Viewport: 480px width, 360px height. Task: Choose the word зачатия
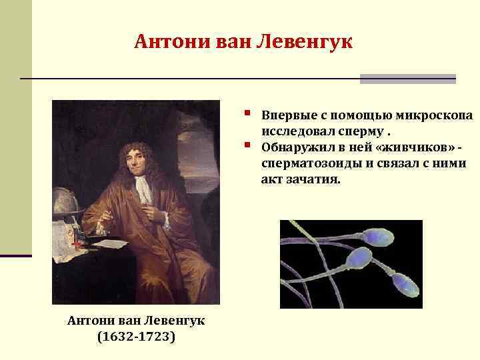tap(314, 179)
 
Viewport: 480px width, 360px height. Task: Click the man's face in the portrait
tap(137, 159)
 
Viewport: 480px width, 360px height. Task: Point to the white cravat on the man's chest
tap(143, 190)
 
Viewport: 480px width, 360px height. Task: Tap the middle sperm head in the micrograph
tap(361, 257)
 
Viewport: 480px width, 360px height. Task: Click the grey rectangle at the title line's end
tap(407, 79)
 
